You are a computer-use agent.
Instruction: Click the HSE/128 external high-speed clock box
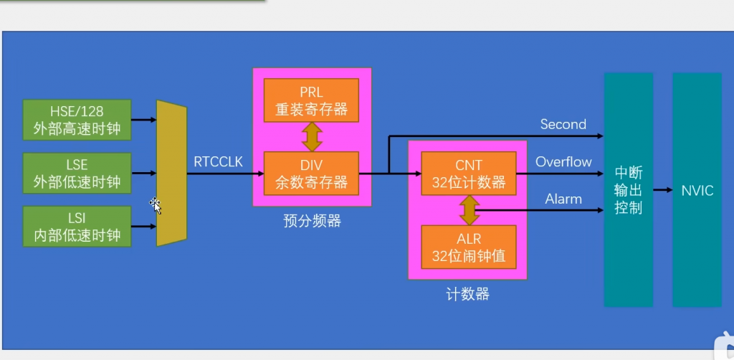coord(77,120)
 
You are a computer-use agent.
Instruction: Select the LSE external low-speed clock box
coord(77,173)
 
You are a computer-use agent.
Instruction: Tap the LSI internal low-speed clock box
coord(77,227)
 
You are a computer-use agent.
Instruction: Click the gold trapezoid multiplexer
coord(171,174)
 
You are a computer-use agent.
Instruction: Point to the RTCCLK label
coord(218,162)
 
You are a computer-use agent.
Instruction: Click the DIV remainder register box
coord(311,174)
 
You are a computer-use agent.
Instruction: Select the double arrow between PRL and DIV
coord(311,136)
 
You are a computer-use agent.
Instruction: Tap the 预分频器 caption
coord(312,221)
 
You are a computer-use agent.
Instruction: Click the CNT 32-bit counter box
coord(469,174)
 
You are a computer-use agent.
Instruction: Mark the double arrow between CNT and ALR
coord(469,209)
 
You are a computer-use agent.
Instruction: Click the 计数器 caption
coord(467,294)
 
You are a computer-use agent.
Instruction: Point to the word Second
coord(563,125)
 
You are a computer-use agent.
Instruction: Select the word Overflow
coord(563,162)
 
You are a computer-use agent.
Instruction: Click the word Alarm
coord(563,199)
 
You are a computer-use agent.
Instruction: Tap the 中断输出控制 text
coord(628,191)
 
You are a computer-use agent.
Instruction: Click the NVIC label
coord(696,191)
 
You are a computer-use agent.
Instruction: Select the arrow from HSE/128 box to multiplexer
coord(144,120)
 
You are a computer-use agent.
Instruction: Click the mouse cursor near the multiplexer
coord(155,205)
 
